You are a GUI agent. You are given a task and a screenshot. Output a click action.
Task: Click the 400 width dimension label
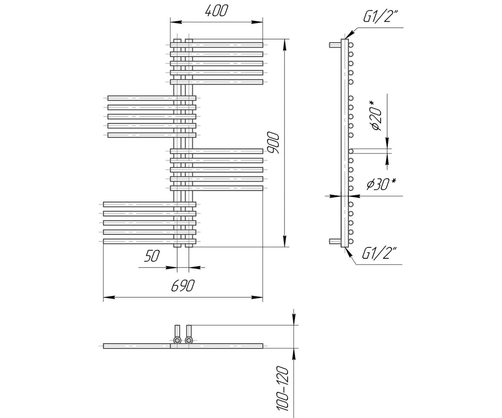pyautogui.click(x=216, y=11)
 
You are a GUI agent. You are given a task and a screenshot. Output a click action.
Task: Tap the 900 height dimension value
pyautogui.click(x=273, y=143)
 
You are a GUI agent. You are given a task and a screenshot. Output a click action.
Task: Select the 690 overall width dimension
pyautogui.click(x=183, y=286)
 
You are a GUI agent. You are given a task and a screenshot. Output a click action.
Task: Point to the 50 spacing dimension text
pyautogui.click(x=152, y=256)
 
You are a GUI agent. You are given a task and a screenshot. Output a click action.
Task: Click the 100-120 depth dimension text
pyautogui.click(x=282, y=389)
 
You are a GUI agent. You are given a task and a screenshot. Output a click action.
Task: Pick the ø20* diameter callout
pyautogui.click(x=376, y=115)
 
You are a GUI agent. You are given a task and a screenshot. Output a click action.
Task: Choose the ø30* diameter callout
pyautogui.click(x=381, y=184)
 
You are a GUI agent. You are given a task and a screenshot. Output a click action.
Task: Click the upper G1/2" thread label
pyautogui.click(x=379, y=17)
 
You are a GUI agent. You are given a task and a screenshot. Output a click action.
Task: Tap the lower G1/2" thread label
pyautogui.click(x=379, y=254)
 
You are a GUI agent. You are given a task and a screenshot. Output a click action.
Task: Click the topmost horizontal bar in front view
pyautogui.click(x=217, y=45)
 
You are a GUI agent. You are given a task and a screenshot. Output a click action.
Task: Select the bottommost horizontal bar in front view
pyautogui.click(x=149, y=241)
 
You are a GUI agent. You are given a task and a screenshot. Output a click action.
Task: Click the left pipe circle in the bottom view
pyautogui.click(x=177, y=340)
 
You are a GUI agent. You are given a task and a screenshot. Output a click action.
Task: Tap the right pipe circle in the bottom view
pyautogui.click(x=189, y=340)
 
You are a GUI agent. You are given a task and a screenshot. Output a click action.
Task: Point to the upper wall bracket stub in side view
pyautogui.click(x=335, y=45)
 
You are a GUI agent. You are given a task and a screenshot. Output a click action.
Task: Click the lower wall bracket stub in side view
pyautogui.click(x=335, y=241)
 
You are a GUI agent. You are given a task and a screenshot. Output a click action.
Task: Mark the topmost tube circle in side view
pyautogui.click(x=351, y=45)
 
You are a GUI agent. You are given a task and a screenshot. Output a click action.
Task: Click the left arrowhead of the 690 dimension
pyautogui.click(x=109, y=297)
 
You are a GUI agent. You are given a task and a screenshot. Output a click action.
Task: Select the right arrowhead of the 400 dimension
pyautogui.click(x=257, y=22)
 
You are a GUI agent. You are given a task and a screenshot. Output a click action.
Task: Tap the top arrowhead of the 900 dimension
pyautogui.click(x=285, y=45)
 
